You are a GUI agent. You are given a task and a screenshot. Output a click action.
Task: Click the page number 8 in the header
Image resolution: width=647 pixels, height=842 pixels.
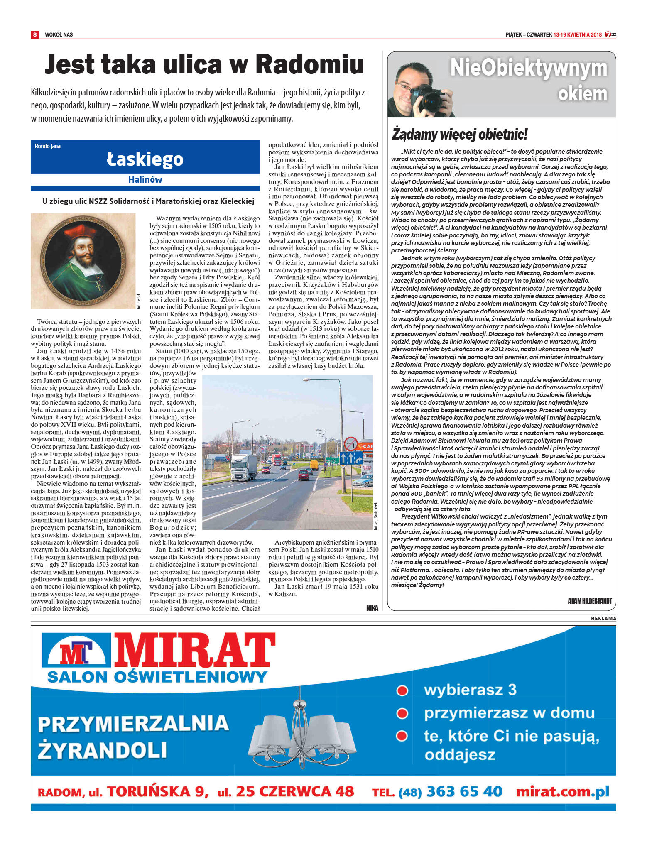[x=35, y=34]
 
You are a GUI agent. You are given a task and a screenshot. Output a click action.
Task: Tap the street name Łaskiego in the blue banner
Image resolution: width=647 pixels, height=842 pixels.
[x=145, y=159]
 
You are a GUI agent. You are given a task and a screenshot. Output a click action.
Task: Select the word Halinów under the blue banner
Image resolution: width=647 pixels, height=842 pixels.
[x=145, y=180]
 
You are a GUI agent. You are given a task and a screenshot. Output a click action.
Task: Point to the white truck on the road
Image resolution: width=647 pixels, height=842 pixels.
[x=244, y=467]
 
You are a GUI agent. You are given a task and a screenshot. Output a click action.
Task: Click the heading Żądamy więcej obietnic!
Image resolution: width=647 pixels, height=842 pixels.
[x=460, y=135]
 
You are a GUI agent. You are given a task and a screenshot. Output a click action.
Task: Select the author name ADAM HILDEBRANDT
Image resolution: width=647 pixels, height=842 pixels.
[x=590, y=601]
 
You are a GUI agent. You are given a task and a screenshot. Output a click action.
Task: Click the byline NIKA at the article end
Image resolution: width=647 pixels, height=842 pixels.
[x=372, y=608]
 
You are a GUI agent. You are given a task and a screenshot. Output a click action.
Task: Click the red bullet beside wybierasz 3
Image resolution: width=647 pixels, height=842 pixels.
[x=402, y=690]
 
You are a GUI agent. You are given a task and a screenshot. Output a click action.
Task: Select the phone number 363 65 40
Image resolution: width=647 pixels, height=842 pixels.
[x=464, y=791]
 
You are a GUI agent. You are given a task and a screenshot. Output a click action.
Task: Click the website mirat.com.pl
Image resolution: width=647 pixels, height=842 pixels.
[x=562, y=791]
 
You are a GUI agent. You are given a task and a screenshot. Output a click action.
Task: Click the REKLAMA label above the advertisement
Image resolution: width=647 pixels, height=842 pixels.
[x=603, y=619]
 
